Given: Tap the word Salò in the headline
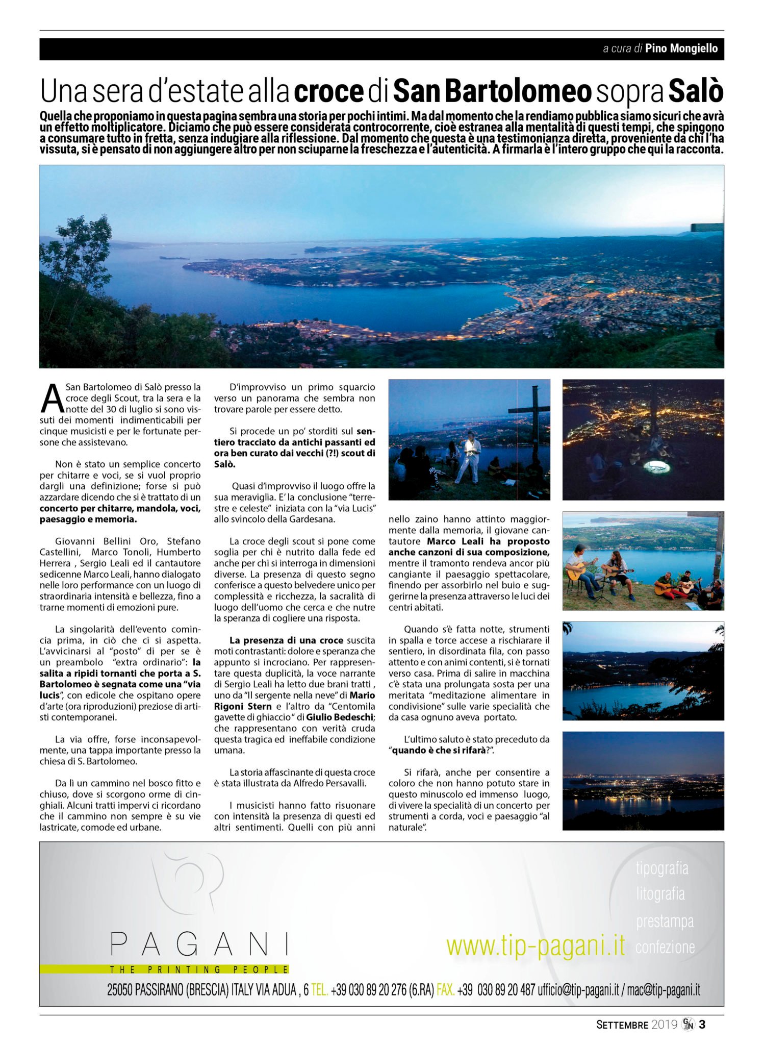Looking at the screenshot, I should tap(696, 91).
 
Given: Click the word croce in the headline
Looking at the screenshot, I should tap(328, 91).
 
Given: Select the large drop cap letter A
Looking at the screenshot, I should tap(52, 399).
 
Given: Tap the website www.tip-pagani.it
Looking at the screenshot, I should tap(536, 946).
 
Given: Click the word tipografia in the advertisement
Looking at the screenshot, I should tap(661, 868).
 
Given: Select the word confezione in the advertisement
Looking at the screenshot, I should tap(665, 947).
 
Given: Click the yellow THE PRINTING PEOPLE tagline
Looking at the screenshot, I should tap(199, 969).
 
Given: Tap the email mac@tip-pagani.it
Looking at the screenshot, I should tap(664, 990).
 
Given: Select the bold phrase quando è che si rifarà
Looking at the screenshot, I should tap(438, 751).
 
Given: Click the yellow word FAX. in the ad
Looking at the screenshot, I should tap(445, 990).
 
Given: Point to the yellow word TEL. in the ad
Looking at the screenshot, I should tap(319, 990).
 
